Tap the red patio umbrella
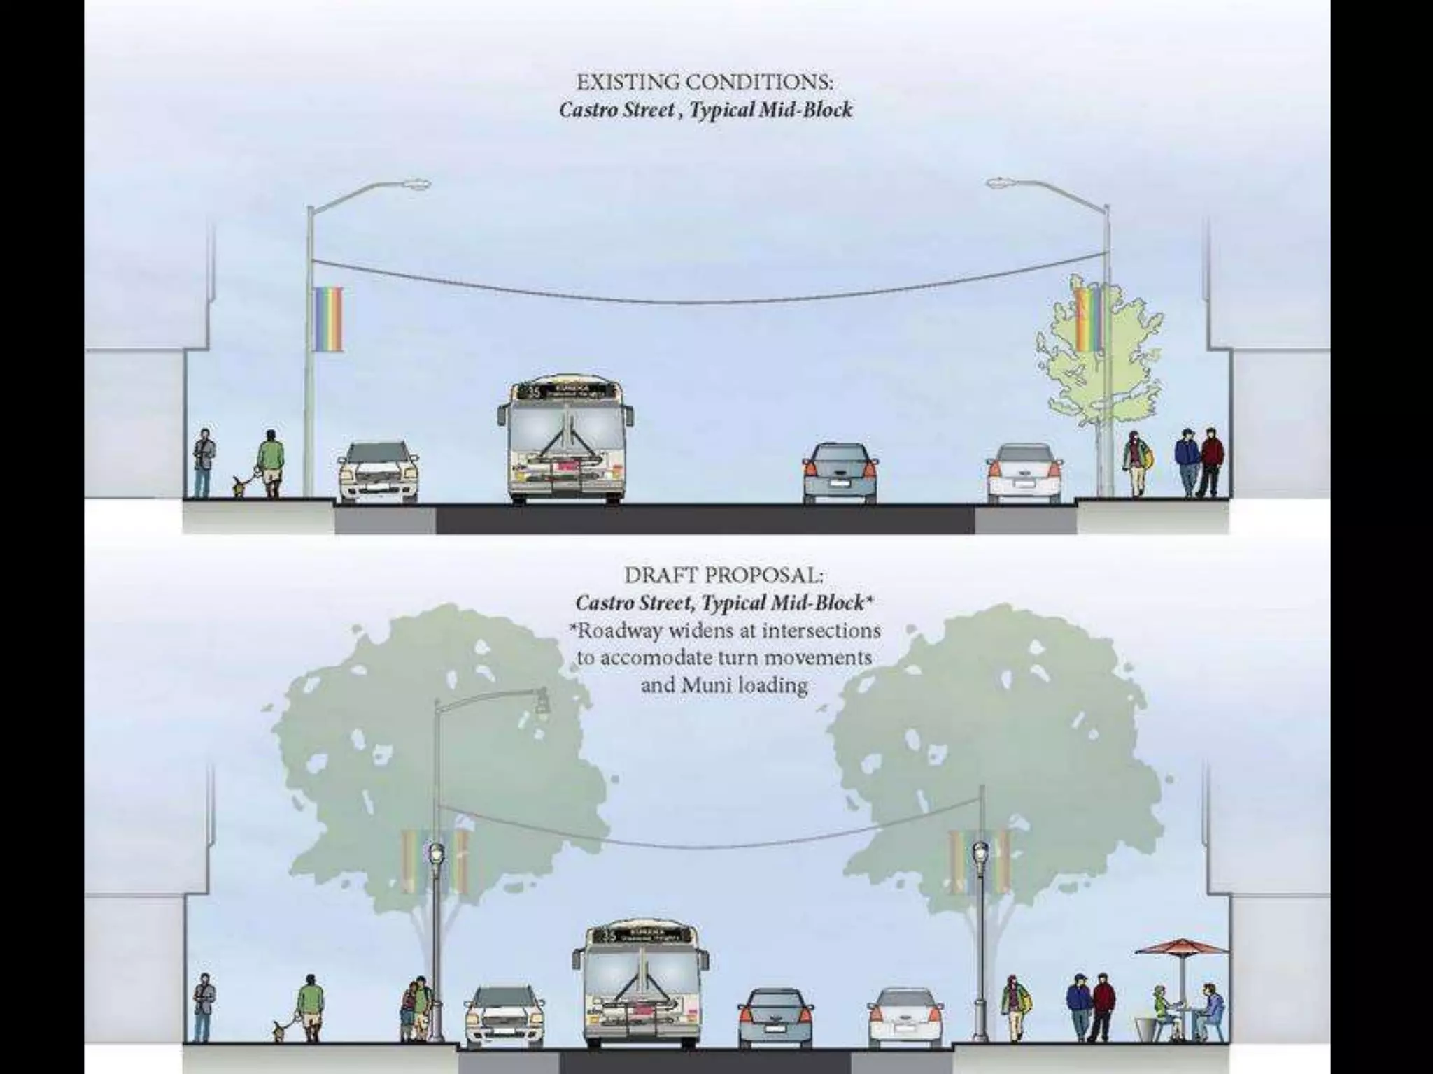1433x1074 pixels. [1181, 949]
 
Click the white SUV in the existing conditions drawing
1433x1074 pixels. [378, 472]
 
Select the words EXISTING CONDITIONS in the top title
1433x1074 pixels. [705, 83]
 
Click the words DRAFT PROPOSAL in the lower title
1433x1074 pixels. [723, 575]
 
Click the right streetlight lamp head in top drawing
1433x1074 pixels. [1003, 183]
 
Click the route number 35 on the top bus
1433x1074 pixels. [534, 392]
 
